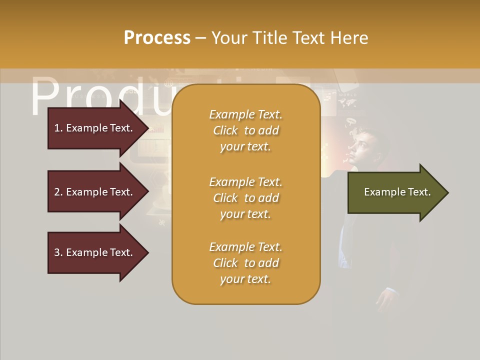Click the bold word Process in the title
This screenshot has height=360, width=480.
pos(157,38)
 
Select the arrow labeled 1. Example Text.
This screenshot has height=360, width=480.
pos(93,128)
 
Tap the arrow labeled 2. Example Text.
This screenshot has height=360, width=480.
pos(93,192)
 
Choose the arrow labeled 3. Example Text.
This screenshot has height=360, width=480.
pos(93,252)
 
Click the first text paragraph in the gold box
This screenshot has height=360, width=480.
pos(245,130)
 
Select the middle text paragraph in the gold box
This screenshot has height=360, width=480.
pos(245,198)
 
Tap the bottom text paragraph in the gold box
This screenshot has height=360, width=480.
pos(245,263)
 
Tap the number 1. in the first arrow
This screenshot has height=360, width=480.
pos(58,128)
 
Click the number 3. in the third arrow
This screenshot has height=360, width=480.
pos(58,252)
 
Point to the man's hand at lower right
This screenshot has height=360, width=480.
pos(387,300)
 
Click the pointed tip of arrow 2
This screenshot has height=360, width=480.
pos(147,192)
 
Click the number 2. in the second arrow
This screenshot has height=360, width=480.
pos(58,192)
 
